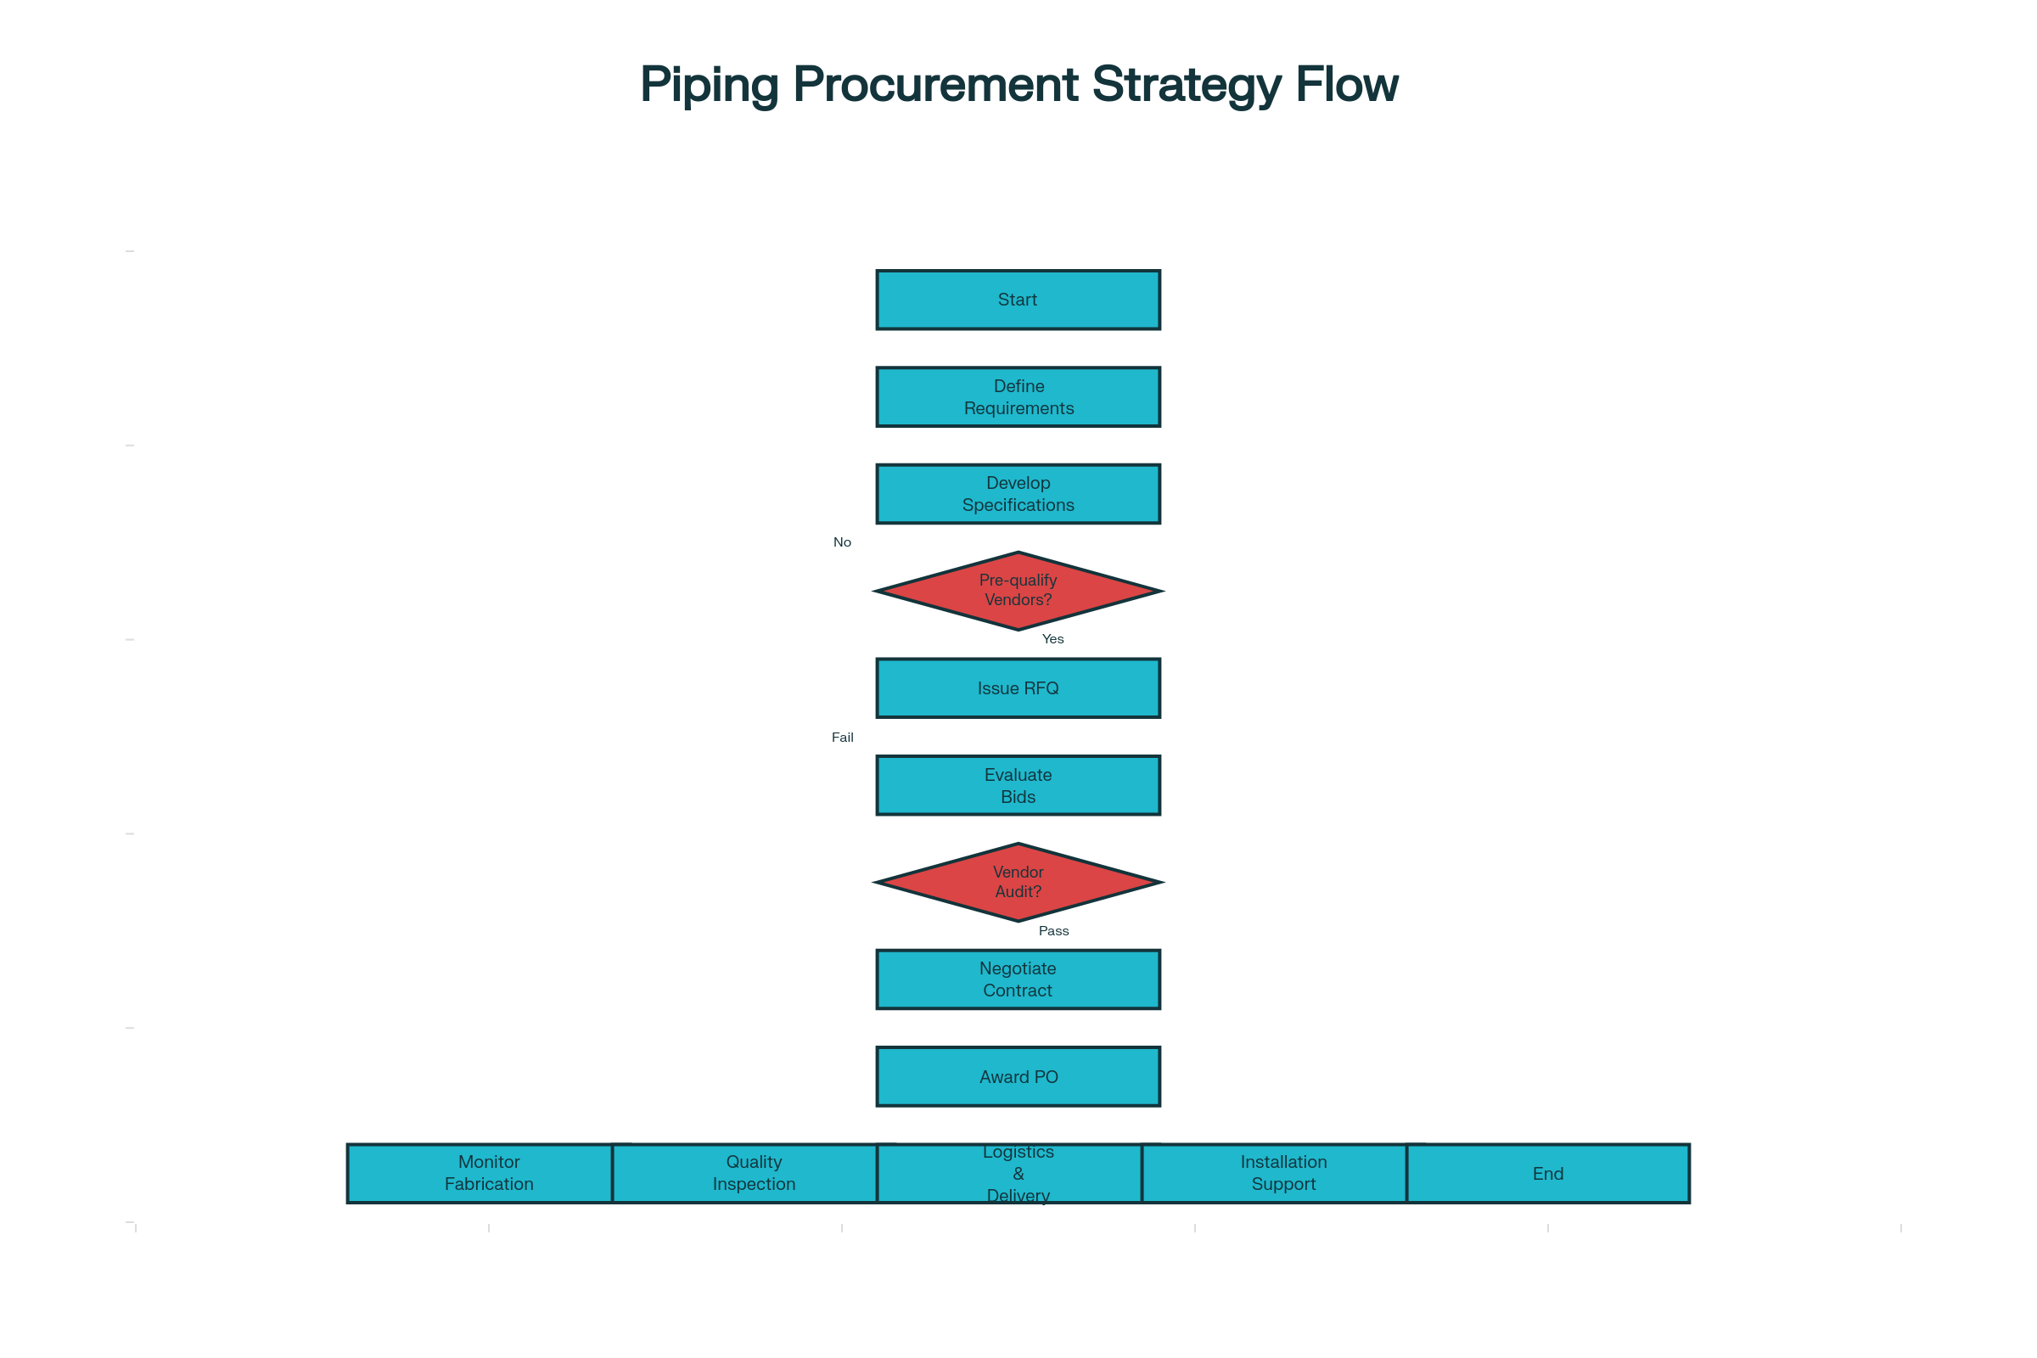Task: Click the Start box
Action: pos(1018,300)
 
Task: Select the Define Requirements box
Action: pos(1018,396)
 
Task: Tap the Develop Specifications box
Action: pos(1018,494)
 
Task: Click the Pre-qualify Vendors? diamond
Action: pos(1018,591)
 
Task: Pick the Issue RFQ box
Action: pos(1018,688)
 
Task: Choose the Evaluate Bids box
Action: pos(1018,786)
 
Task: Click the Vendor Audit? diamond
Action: pos(1018,882)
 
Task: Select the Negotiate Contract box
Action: pos(1018,979)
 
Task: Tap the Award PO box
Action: pos(1018,1076)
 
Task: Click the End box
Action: pos(1547,1174)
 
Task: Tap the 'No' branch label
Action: pos(842,542)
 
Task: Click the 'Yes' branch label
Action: pos(1052,639)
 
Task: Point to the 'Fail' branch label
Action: pos(842,738)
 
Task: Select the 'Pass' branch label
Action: pos(1053,931)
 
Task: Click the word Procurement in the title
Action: pos(935,85)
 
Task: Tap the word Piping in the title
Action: pos(710,85)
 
